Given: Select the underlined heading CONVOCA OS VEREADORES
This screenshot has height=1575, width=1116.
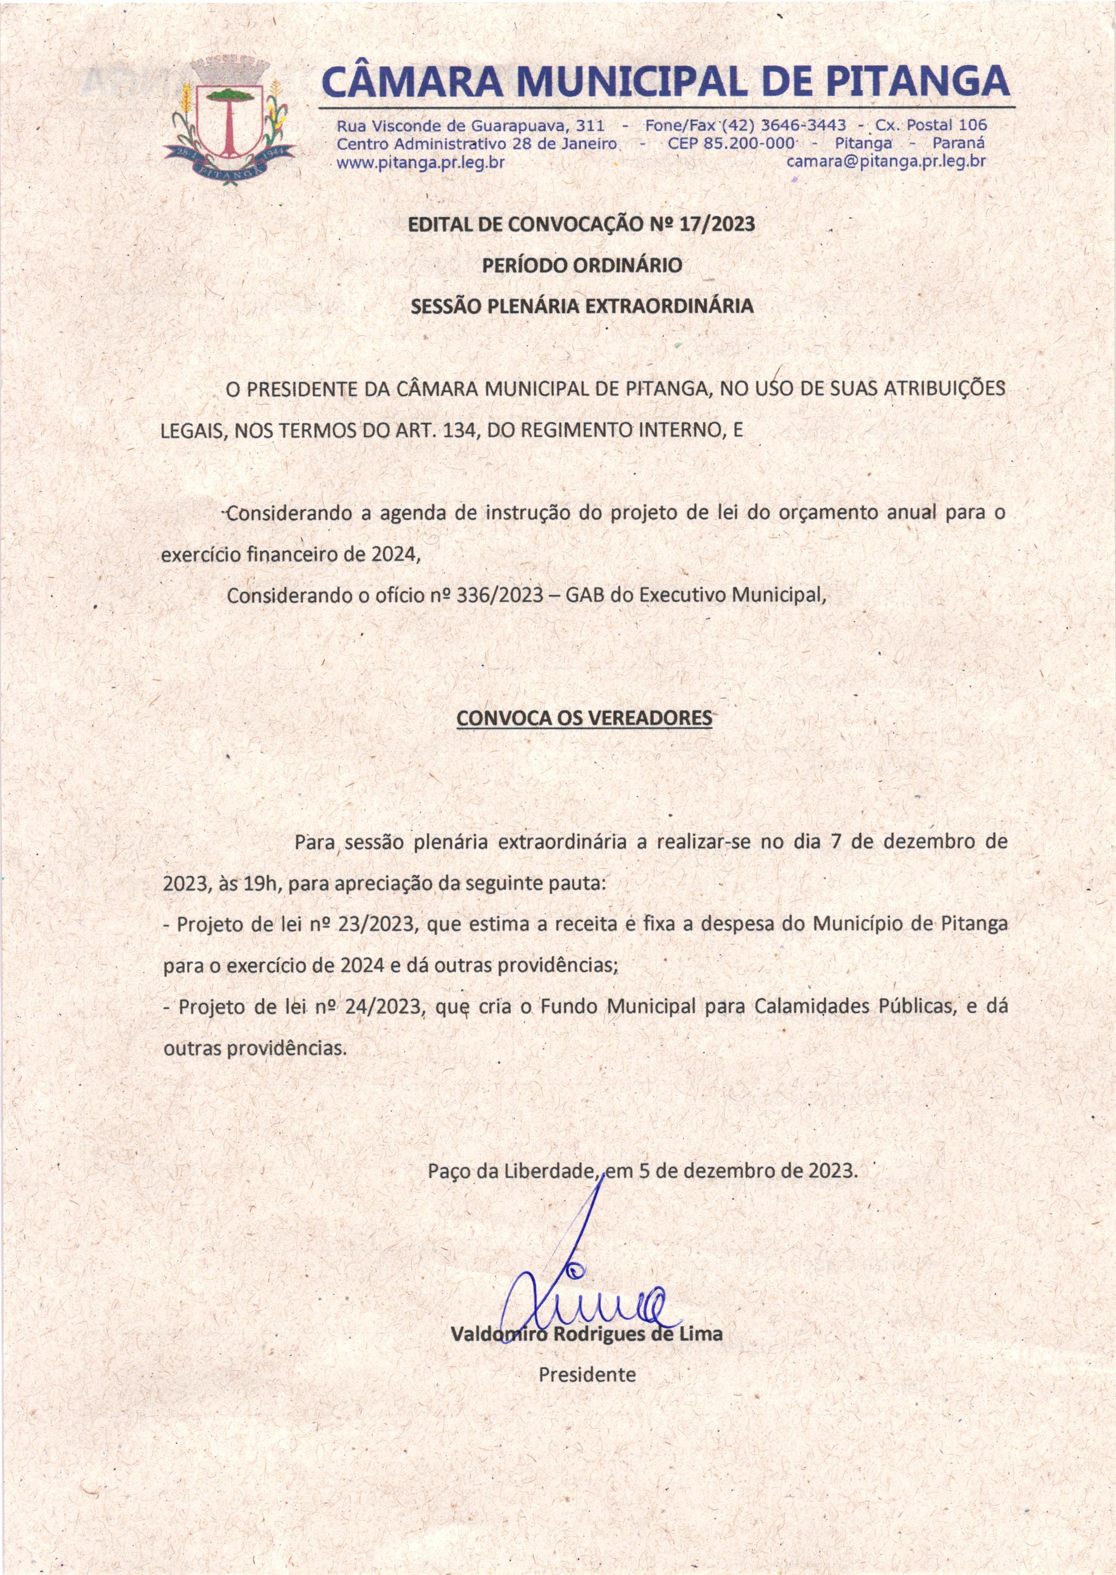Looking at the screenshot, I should (584, 718).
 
